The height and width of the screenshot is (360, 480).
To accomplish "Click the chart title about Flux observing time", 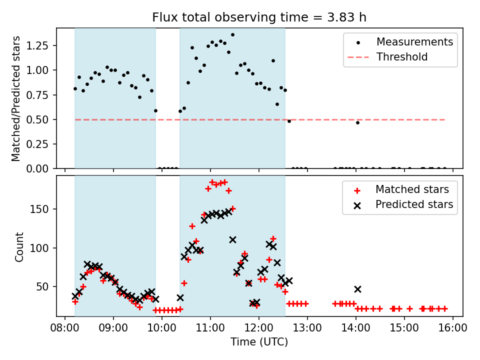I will tap(259, 17).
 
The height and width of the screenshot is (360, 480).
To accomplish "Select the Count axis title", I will tap(19, 246).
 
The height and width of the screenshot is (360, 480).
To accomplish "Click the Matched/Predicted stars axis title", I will tap(16, 98).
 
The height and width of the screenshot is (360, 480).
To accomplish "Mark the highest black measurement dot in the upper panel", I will tap(232, 35).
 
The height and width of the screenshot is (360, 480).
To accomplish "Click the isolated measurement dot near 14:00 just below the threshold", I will tap(357, 122).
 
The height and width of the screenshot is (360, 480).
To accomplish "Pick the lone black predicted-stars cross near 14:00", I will tap(357, 289).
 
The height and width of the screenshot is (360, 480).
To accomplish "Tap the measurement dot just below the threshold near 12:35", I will tap(289, 121).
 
